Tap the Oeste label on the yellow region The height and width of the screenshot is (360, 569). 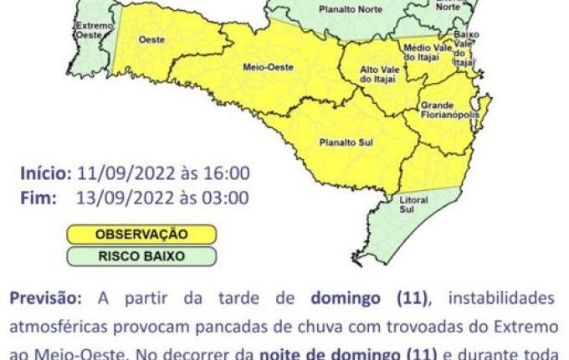150,39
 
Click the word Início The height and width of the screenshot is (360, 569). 46,173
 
